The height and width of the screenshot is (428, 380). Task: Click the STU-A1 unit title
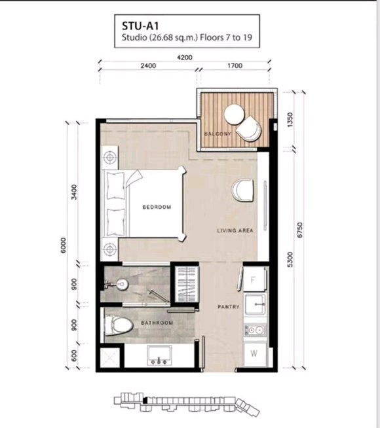[140, 26]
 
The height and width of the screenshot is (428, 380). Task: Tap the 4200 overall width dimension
[185, 58]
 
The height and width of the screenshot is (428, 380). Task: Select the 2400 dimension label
[148, 66]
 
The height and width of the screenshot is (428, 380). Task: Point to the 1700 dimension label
[235, 66]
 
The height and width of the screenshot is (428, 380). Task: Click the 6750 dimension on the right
[300, 230]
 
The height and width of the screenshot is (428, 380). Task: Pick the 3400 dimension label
[74, 192]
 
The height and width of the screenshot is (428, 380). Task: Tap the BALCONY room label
[218, 134]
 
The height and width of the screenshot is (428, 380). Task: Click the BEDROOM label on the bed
[157, 207]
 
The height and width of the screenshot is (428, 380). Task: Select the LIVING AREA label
[235, 230]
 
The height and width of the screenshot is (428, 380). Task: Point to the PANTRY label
[229, 307]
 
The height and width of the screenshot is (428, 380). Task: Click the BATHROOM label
[157, 323]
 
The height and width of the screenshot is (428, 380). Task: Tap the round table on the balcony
[234, 115]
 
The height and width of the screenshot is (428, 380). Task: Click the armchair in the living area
[242, 190]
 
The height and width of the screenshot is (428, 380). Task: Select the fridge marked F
[254, 279]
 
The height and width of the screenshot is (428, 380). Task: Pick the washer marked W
[255, 354]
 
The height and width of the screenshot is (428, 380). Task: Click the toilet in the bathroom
[119, 325]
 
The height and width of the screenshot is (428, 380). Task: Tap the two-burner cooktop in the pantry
[255, 330]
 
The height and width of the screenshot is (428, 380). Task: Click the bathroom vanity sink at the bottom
[159, 355]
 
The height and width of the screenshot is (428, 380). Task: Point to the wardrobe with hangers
[186, 284]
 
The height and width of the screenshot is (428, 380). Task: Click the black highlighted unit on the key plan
[145, 401]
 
